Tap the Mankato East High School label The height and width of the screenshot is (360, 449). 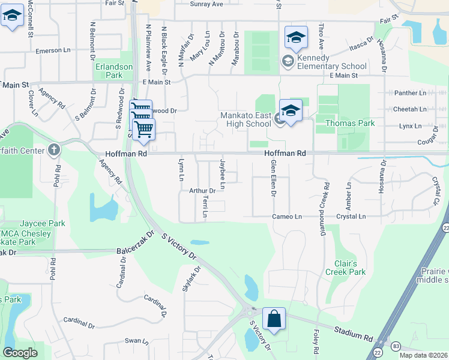pos(246,119)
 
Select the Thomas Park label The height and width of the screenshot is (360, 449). pos(349,123)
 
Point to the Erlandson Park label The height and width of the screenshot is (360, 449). pos(109,71)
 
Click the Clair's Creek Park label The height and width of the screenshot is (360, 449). pos(345,268)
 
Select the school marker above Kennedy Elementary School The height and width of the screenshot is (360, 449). pos(296,38)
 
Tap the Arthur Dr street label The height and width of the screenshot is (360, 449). pos(202,191)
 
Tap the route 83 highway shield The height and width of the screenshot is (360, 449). pos(396,346)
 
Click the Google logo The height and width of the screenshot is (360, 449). pos(20,353)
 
